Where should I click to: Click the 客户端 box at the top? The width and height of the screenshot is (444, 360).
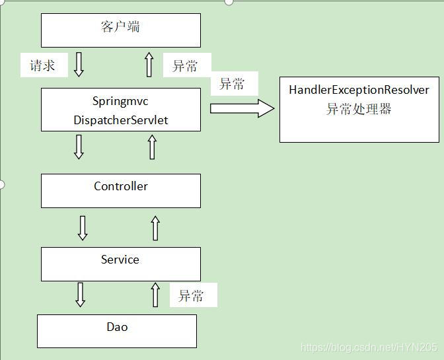[x=121, y=30]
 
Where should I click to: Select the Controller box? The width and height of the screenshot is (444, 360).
[x=121, y=190]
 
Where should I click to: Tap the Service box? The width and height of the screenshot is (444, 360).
[x=121, y=264]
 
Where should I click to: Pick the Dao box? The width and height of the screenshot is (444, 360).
[x=117, y=331]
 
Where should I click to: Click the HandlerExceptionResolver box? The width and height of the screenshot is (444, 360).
[x=359, y=109]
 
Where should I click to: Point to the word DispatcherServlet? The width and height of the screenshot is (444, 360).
[x=121, y=120]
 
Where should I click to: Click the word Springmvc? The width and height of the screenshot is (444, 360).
[x=121, y=102]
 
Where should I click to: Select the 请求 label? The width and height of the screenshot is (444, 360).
[x=43, y=65]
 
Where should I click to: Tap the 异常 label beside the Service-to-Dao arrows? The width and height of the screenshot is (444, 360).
[x=192, y=296]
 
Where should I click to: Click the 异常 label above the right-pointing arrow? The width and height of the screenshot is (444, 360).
[x=232, y=85]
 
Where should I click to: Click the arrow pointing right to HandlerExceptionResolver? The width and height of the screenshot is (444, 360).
[x=242, y=108]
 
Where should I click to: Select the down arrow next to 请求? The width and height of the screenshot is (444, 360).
[x=79, y=65]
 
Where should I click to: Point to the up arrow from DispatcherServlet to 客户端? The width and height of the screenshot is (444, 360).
[x=149, y=65]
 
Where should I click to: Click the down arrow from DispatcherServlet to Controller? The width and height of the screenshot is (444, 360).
[x=79, y=147]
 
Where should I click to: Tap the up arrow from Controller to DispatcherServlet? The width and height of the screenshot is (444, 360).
[x=153, y=147]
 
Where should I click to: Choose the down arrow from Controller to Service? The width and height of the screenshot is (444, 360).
[x=83, y=227]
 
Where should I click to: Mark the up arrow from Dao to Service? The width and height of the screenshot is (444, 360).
[x=156, y=294]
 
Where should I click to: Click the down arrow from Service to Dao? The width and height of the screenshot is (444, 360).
[x=81, y=294]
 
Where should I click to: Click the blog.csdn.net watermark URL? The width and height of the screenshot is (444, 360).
[x=368, y=347]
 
